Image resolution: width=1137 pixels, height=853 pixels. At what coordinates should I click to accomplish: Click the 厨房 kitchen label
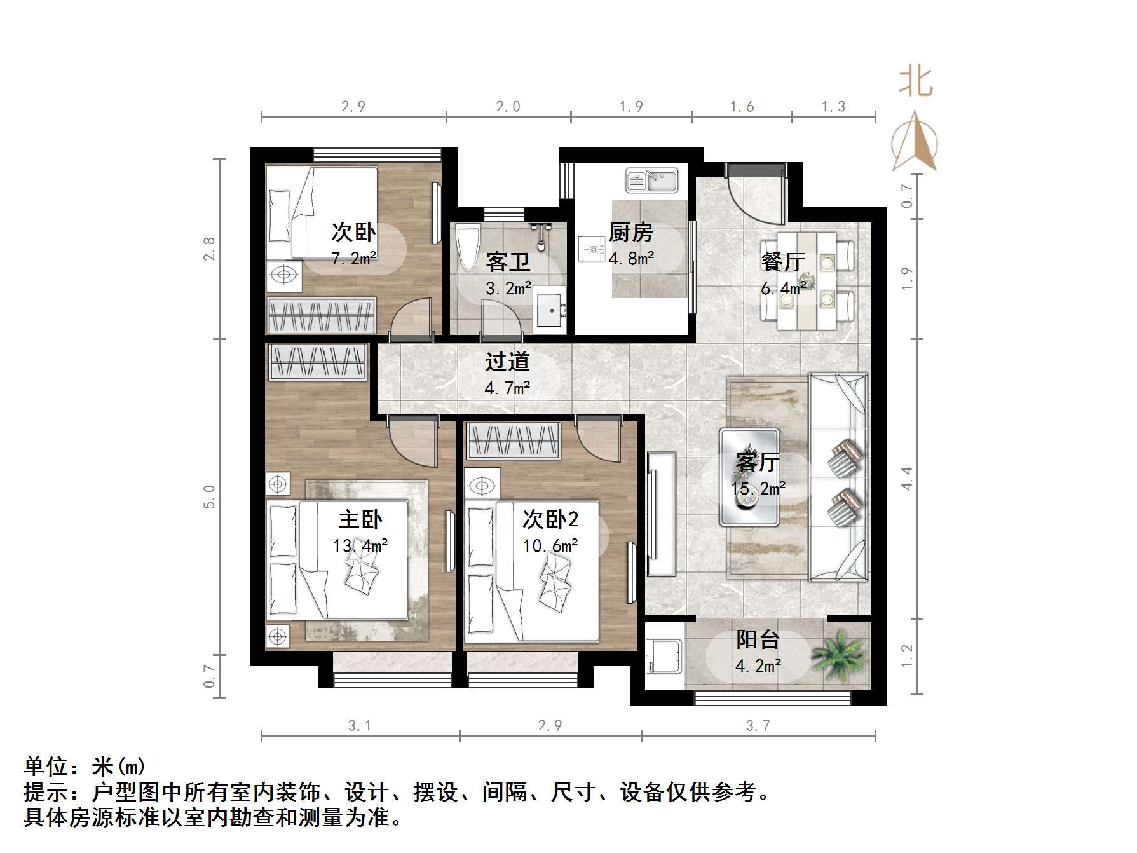pos(630,233)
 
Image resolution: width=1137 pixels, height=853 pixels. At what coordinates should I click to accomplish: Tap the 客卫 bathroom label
pos(508,261)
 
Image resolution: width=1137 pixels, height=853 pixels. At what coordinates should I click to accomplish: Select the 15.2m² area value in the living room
pos(758,488)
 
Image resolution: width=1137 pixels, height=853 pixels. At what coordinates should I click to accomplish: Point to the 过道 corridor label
pos(507,362)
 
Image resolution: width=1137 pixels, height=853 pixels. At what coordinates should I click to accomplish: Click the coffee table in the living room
pos(750,477)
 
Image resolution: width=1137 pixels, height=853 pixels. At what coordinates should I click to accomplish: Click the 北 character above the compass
pos(915,82)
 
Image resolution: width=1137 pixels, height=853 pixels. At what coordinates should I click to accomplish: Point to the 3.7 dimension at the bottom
pos(758,726)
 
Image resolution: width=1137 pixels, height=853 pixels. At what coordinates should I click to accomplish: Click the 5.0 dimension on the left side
pos(210,496)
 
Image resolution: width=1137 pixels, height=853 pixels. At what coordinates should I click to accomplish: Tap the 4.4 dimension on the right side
pos(908,478)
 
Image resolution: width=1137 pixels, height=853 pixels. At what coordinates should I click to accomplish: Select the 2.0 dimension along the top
pos(508,107)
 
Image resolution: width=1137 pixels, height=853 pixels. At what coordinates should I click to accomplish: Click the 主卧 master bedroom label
pos(360,520)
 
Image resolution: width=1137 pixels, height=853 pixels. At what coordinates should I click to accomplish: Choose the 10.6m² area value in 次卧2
pos(550,545)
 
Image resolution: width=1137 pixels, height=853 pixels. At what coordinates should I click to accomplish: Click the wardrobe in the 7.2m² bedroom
pos(321,315)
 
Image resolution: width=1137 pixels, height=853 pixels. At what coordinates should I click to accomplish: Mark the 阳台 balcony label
pos(758,639)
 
